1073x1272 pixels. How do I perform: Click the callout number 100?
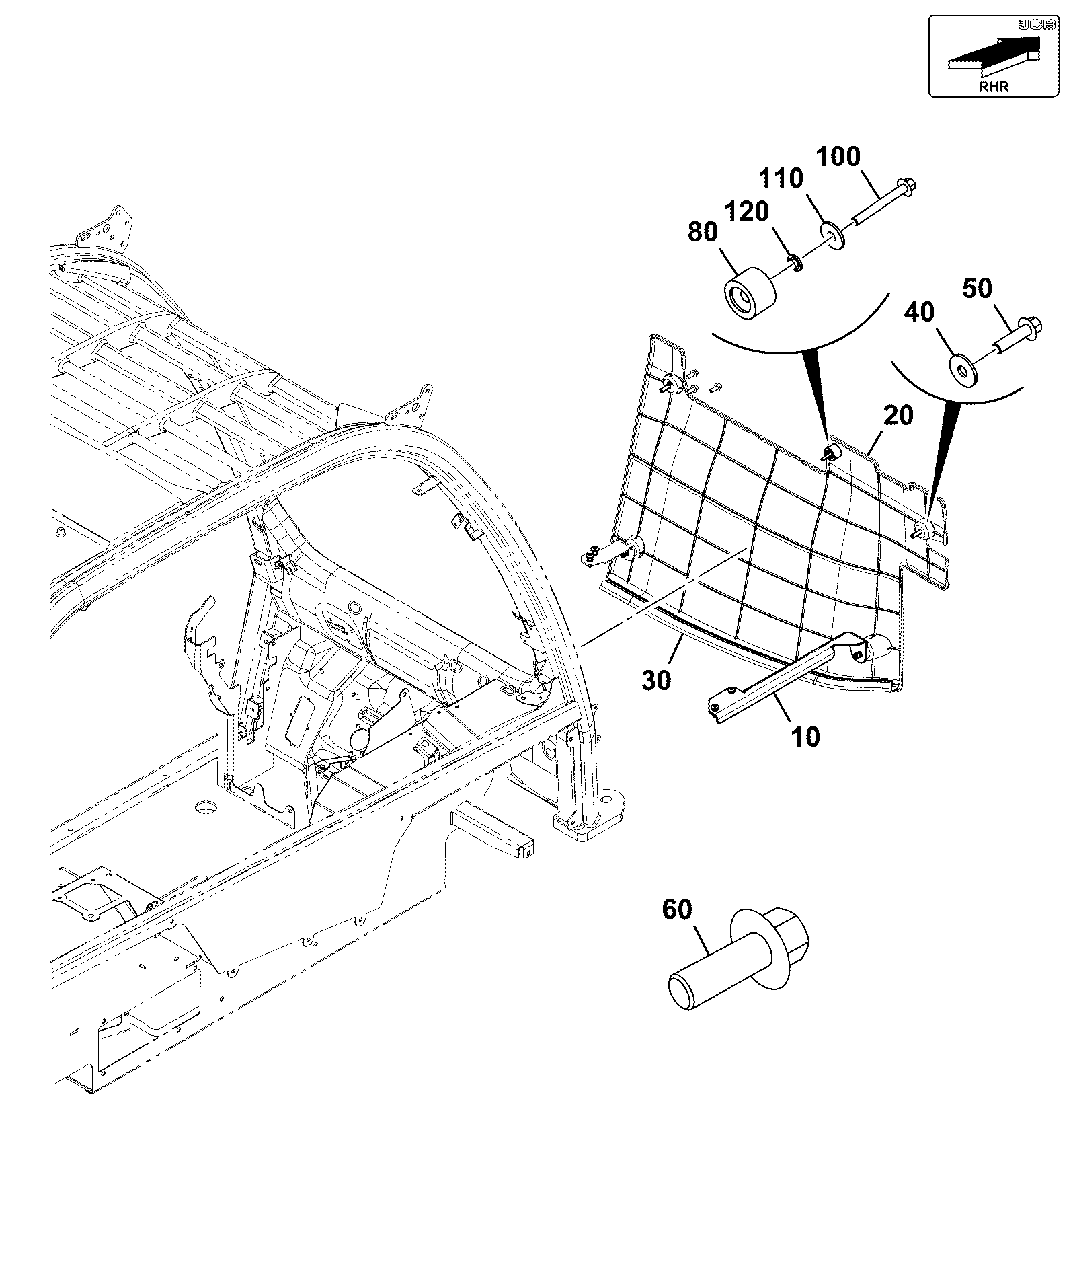click(838, 157)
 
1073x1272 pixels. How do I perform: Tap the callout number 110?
click(781, 179)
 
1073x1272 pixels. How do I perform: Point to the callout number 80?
click(703, 232)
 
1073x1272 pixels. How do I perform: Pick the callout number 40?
click(919, 312)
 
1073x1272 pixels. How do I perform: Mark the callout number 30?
click(656, 680)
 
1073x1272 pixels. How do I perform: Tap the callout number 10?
click(805, 737)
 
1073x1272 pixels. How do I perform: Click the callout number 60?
click(677, 909)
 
